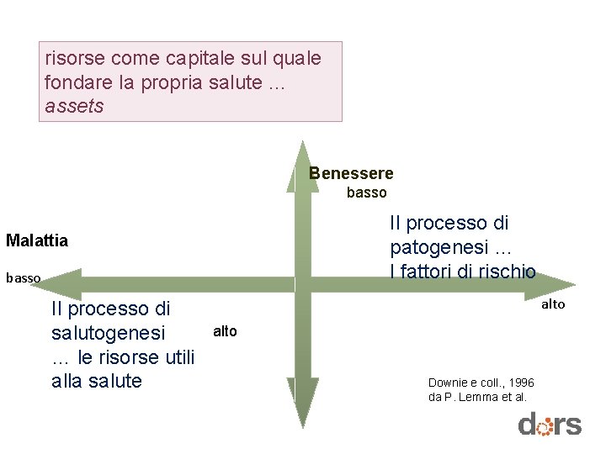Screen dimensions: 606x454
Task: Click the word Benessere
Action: (351, 174)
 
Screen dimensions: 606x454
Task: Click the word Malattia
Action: (37, 240)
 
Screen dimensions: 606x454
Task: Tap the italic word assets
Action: (74, 107)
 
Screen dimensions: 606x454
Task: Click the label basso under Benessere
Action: (367, 193)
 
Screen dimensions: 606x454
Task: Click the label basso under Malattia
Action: (23, 277)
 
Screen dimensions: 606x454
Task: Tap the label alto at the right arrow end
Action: (553, 304)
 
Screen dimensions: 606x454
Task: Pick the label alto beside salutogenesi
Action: (225, 331)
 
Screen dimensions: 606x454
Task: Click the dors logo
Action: (550, 425)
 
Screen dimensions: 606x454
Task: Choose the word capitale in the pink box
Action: (194, 59)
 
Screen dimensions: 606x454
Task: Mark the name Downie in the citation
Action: (447, 383)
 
